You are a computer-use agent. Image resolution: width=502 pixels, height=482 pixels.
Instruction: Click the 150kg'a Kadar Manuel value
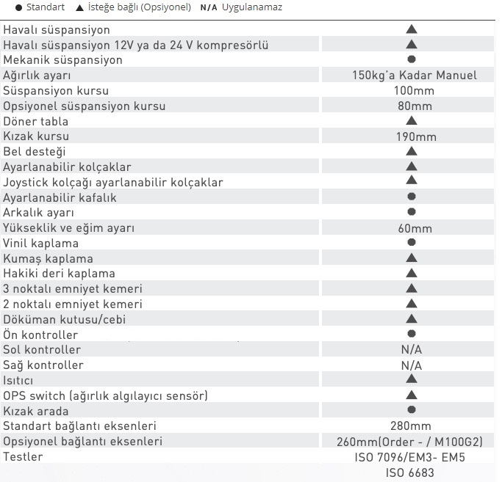[414, 76]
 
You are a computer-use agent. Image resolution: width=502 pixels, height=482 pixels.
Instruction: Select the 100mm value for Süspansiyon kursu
[414, 91]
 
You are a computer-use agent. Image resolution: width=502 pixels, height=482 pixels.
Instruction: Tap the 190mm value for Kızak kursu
[416, 136]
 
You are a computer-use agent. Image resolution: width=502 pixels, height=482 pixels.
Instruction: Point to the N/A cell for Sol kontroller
[412, 350]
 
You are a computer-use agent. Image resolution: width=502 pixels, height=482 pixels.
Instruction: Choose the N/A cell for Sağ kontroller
[412, 365]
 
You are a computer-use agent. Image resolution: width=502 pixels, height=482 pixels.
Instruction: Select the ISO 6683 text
[410, 472]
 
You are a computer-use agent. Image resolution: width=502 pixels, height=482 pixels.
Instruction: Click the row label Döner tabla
[35, 121]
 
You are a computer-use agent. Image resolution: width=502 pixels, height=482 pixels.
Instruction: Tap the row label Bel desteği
[35, 152]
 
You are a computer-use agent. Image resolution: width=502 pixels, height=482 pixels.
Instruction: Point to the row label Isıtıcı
[18, 381]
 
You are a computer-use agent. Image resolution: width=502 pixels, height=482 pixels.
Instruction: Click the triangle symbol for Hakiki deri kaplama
[412, 274]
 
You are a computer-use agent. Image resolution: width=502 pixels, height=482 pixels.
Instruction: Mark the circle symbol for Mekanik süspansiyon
[412, 59]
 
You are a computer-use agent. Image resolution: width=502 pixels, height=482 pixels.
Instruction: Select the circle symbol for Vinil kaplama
[412, 243]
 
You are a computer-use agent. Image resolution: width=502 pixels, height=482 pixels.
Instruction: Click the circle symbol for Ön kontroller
[412, 335]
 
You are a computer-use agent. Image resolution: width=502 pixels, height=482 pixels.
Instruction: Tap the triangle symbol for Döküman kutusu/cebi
[412, 319]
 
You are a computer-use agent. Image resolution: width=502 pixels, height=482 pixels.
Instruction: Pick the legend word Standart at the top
[46, 8]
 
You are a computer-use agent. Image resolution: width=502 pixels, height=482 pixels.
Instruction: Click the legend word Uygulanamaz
[252, 8]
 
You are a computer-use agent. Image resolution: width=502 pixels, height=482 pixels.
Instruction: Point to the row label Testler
[23, 457]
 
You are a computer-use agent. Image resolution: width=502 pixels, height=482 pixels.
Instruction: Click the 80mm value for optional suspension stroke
[414, 106]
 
